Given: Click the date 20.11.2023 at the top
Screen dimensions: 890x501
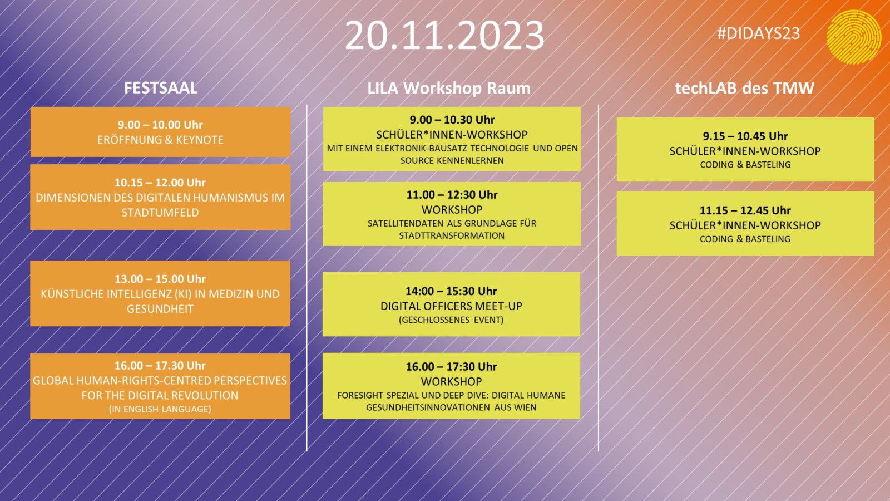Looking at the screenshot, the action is point(444,36).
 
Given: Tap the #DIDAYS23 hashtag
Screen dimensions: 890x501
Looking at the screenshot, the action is point(758,33).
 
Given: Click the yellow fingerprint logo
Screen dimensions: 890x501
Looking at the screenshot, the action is point(853,37).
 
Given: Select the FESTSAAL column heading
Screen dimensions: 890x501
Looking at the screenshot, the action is point(161,88).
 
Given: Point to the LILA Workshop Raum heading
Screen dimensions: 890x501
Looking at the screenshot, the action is point(448,89).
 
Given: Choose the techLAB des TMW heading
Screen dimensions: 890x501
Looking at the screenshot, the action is point(745,88).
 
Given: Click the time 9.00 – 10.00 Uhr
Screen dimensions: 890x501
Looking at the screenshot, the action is point(160,125).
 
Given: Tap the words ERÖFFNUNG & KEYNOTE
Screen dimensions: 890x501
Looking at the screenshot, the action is point(160,140).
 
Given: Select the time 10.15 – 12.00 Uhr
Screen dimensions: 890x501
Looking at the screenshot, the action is point(160,183).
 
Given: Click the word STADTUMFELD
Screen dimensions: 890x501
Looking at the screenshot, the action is point(160,213).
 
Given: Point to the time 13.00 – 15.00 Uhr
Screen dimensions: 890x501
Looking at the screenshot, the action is point(160,279).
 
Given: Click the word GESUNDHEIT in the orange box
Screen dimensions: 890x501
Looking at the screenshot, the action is point(160,309).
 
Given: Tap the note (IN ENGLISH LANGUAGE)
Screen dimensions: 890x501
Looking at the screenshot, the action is point(160,409).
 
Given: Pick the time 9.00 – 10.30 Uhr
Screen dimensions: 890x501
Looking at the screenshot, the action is point(452,120).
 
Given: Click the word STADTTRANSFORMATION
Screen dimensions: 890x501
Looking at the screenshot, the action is point(452,236).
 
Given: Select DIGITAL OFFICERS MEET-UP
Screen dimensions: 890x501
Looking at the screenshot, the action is point(451,306).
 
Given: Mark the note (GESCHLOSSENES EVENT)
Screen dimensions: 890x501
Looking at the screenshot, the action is point(451,320).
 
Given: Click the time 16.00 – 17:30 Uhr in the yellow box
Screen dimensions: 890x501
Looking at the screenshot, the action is point(451,367).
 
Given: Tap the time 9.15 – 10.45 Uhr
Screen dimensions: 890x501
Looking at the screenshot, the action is point(745,136).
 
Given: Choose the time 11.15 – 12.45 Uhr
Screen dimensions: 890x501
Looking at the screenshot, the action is point(745,210).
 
